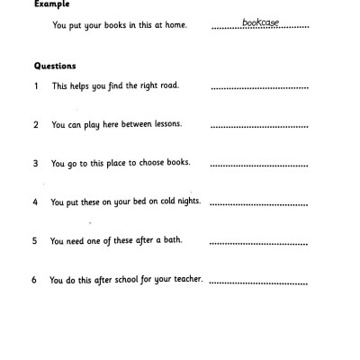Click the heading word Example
coord(50,4)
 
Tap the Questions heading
coord(56,66)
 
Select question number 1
coord(35,85)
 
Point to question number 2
coord(35,125)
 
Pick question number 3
coord(35,165)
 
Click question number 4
coord(35,202)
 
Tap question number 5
coord(34,241)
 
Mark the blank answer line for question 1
coord(260,88)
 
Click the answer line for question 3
coord(260,167)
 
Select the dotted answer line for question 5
coord(260,244)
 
